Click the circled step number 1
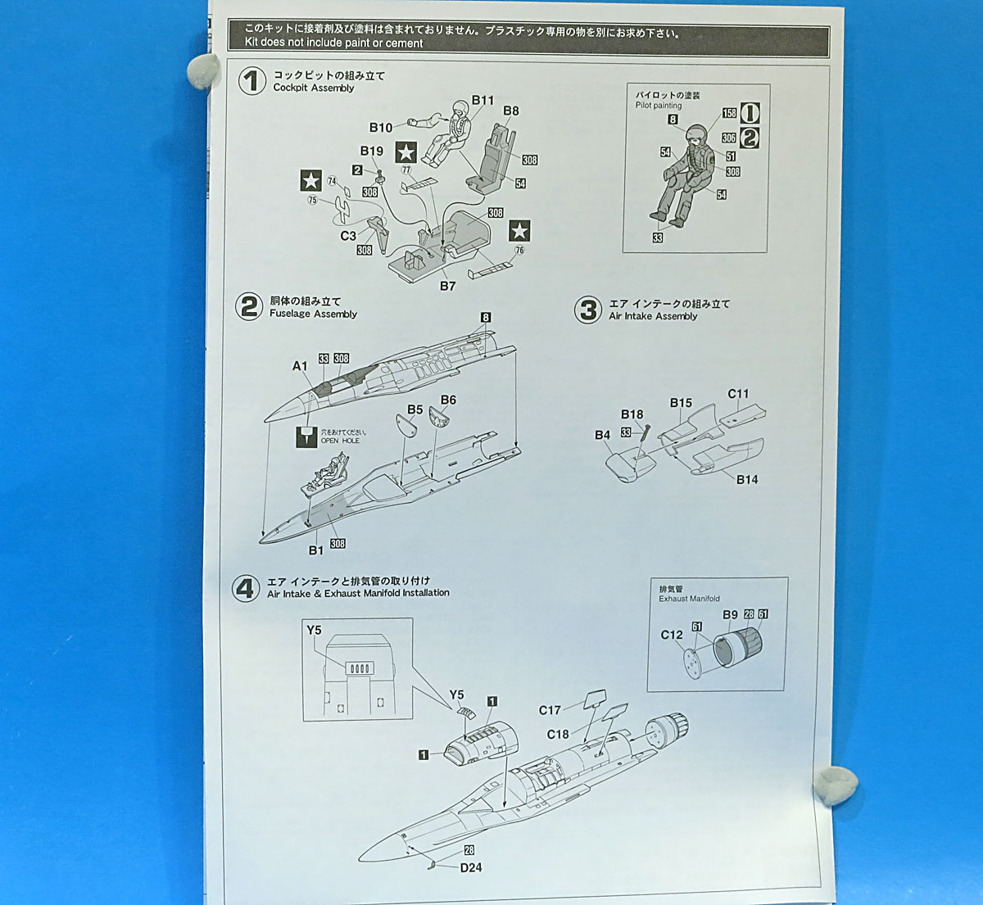pos(252,81)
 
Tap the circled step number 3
pos(588,310)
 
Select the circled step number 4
pos(246,587)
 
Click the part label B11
pos(482,101)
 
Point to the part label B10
pos(380,128)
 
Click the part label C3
pos(348,236)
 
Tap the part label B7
pos(447,286)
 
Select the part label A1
pos(300,366)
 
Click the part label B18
pos(632,414)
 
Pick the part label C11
pos(738,394)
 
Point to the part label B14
pos(746,479)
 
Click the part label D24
pos(471,867)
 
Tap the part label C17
pos(550,710)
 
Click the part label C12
pos(671,635)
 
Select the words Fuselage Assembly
pos(313,314)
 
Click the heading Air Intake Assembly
pos(653,316)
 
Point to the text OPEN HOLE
pos(340,441)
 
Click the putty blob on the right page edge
pos(836,785)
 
